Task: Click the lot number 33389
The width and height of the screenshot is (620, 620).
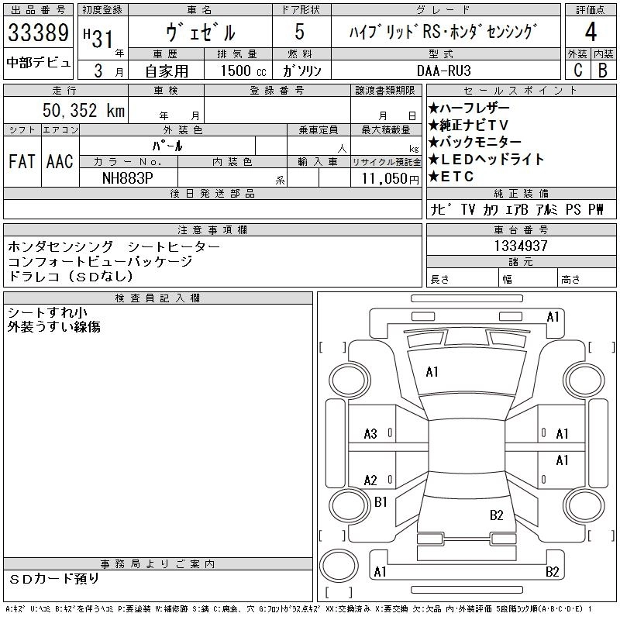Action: click(x=39, y=33)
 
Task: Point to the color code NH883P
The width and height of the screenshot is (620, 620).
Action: click(x=129, y=177)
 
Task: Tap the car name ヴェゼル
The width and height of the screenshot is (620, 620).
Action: click(x=199, y=33)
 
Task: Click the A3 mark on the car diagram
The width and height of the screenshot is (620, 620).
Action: click(x=370, y=434)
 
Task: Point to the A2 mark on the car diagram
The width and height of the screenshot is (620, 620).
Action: click(x=370, y=480)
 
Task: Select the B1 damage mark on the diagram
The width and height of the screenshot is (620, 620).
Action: click(x=381, y=502)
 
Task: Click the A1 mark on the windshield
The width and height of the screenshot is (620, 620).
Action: click(x=432, y=372)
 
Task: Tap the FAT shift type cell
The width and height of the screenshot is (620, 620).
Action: click(x=21, y=161)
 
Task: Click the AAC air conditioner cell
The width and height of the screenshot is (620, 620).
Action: click(x=59, y=161)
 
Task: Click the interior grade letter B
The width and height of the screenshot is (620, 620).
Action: click(x=602, y=70)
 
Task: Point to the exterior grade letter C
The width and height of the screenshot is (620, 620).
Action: click(x=577, y=70)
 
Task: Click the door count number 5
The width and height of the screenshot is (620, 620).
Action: click(x=300, y=33)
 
